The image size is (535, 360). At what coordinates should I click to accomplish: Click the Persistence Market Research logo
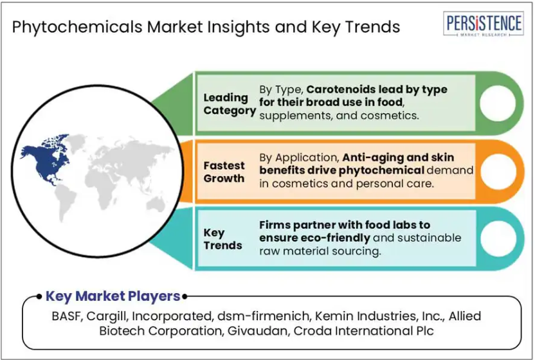tap(484, 24)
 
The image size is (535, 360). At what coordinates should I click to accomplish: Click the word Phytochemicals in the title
tap(77, 27)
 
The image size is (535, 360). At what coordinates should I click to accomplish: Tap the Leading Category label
tap(230, 104)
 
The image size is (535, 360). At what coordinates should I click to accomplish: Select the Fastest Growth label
tap(224, 172)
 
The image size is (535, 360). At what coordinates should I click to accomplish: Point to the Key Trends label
tap(222, 239)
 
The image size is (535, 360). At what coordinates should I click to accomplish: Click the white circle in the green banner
tap(498, 104)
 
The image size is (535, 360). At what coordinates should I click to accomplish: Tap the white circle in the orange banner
tap(498, 171)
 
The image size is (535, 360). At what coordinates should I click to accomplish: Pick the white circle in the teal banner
tap(498, 239)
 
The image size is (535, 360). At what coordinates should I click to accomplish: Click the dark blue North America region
tap(46, 159)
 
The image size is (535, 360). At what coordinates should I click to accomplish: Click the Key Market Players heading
tap(113, 296)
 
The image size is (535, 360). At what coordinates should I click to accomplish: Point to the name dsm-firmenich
tap(264, 316)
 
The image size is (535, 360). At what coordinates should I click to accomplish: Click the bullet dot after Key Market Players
tap(185, 296)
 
